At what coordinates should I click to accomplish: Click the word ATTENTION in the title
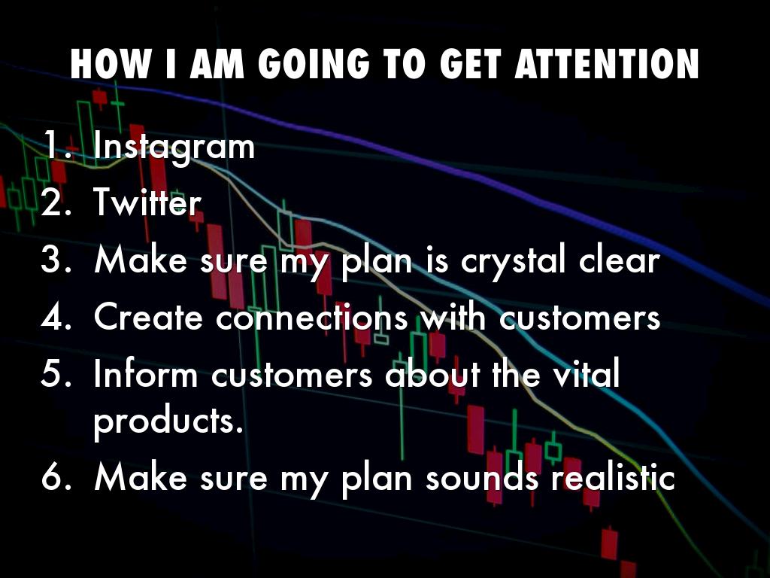coord(607,64)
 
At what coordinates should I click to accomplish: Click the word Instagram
coord(174,147)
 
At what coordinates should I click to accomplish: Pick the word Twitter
coord(147,202)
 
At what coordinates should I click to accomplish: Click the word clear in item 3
coord(619,259)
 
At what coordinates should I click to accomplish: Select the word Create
coord(148,317)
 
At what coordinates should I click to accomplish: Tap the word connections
coord(312,317)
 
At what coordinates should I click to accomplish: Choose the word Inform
coord(145,373)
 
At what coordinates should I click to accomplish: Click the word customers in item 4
coord(580,317)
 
